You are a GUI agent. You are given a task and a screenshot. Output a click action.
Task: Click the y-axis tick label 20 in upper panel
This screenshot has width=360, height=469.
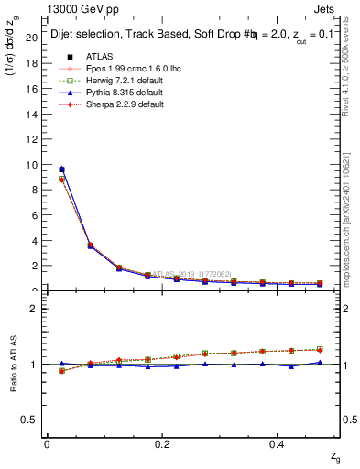pos(31,38)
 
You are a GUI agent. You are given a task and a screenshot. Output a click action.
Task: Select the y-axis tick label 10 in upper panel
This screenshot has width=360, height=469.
pos(31,165)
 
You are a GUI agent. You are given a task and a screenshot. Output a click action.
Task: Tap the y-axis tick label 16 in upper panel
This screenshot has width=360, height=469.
pos(31,89)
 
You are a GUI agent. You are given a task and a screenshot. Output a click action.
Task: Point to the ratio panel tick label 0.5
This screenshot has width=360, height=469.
pos(29,420)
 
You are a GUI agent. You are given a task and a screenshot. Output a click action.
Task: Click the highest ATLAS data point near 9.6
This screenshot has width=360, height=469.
pos(61,169)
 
